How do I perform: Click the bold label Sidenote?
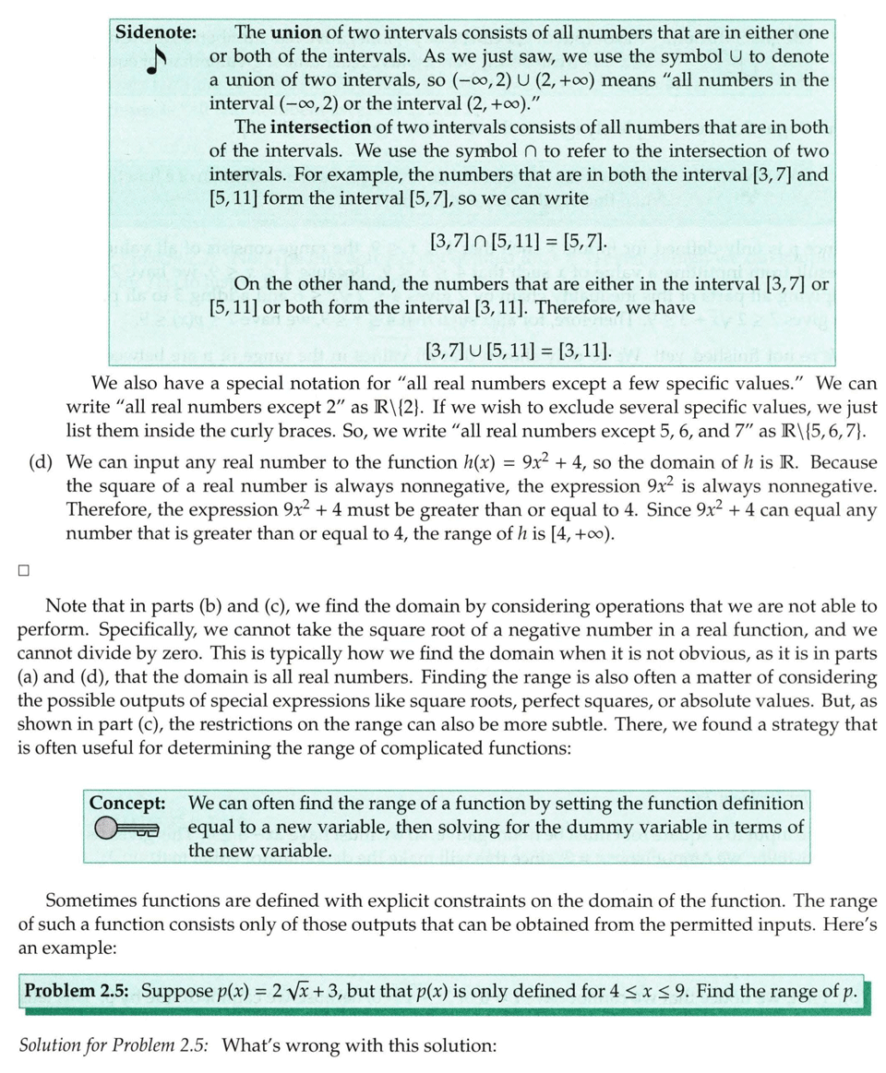(156, 31)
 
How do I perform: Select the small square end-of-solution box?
(23, 569)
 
